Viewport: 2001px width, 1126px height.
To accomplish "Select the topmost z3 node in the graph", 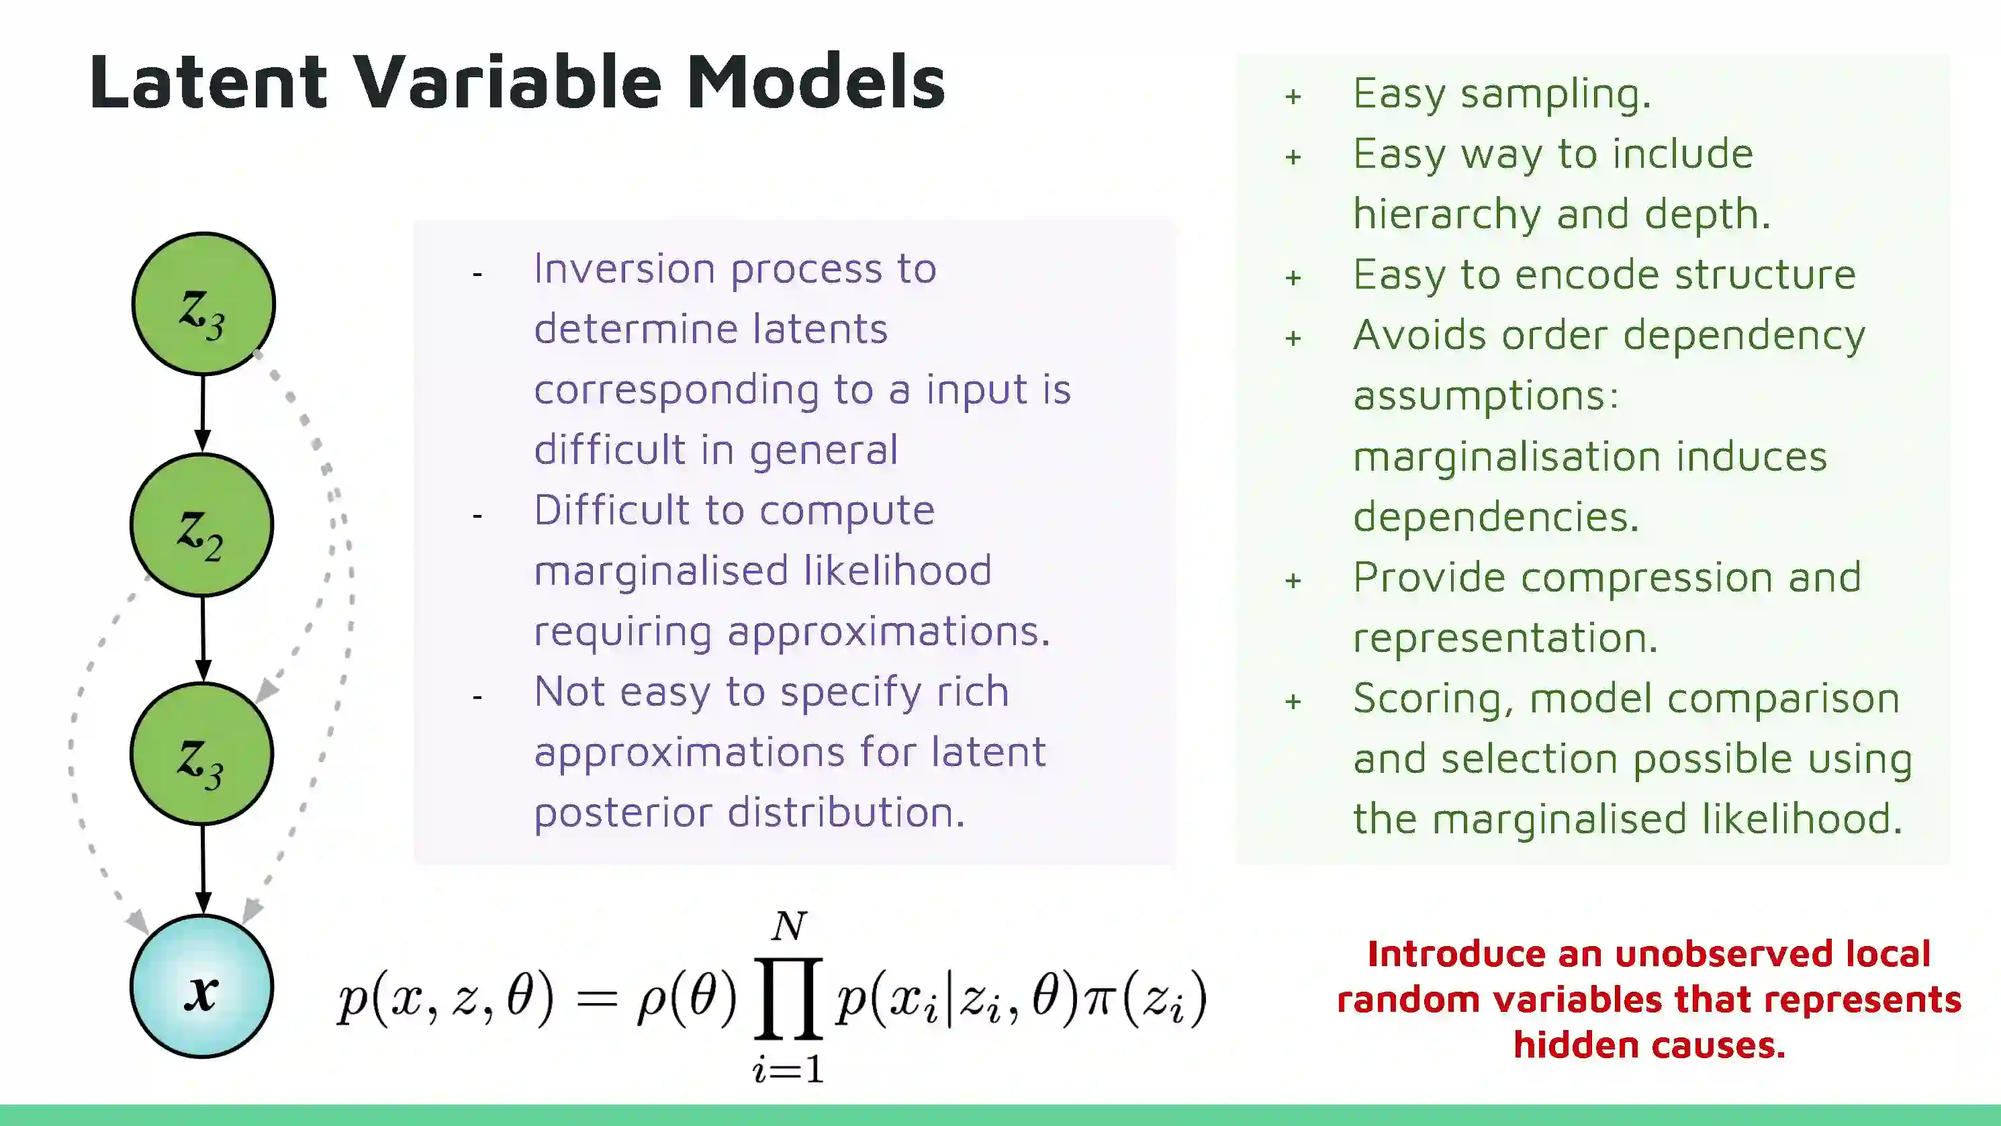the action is pos(203,303).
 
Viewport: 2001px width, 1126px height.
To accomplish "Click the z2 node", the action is pos(202,525).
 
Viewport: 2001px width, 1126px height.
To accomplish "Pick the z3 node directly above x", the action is pos(202,753).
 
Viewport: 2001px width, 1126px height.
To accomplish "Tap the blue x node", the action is pos(202,986).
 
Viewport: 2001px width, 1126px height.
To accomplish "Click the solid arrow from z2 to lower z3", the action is pos(203,639).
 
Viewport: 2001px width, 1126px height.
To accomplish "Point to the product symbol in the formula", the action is pos(788,998).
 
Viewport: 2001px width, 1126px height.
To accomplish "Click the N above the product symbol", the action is pos(789,926).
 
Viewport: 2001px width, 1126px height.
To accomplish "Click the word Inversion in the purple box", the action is pos(624,269).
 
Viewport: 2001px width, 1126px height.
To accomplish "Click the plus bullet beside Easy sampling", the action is pos(1293,96).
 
